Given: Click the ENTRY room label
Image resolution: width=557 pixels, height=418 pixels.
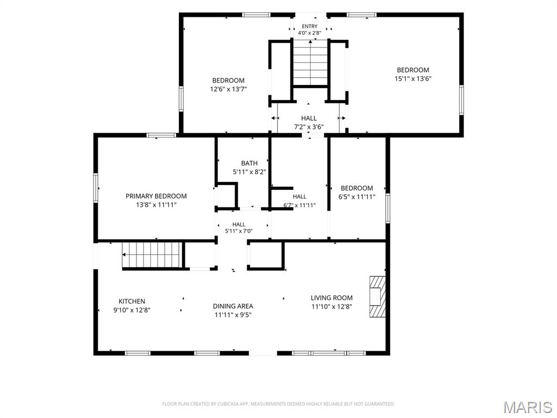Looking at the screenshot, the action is (310, 26).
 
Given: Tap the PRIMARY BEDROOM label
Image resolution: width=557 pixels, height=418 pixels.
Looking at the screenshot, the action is (156, 196).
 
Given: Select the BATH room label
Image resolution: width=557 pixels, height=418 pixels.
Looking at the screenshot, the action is (249, 163).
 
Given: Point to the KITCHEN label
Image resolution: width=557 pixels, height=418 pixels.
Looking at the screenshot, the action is (132, 301).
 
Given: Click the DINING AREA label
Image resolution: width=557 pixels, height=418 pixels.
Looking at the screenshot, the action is (233, 306).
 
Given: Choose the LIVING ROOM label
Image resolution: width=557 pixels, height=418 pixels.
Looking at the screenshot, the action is (332, 298).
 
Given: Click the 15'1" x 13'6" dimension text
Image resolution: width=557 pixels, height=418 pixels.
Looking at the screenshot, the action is (413, 78).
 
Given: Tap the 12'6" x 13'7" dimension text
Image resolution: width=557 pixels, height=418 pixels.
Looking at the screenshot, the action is (228, 89).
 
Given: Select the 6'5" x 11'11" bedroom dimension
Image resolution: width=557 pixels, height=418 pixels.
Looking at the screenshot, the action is (357, 197).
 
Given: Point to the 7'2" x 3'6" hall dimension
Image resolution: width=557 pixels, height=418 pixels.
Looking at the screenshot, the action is (309, 127).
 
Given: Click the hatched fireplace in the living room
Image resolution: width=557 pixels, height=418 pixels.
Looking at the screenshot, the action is (377, 297).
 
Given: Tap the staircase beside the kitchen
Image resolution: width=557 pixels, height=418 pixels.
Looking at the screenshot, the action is (152, 255).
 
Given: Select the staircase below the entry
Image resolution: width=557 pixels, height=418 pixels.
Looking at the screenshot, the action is (311, 63).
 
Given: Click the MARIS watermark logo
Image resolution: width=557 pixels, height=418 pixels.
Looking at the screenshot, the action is (528, 407).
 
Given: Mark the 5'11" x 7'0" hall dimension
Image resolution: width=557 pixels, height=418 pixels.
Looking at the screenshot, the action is (239, 231).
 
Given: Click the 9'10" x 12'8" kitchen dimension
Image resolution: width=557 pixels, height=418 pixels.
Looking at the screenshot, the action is (132, 310).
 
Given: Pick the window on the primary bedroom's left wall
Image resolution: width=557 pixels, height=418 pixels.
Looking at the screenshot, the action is (96, 188).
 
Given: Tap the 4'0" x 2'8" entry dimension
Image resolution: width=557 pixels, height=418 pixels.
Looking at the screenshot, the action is (310, 33).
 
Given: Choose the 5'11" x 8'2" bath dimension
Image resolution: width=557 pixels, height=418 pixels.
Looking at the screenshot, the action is (249, 172).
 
